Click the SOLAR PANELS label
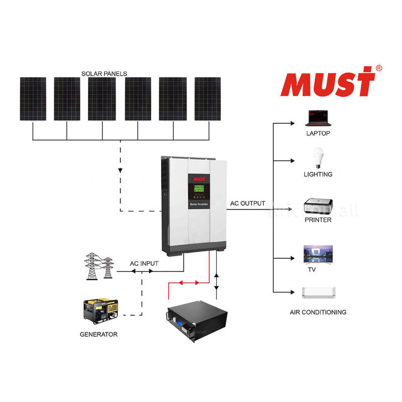104,73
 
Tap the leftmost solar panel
33,98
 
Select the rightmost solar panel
208,98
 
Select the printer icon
318,206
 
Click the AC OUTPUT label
248,204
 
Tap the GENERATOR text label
98,334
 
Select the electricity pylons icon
98,266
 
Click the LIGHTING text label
318,174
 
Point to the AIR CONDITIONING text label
318,312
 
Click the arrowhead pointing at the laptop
292,122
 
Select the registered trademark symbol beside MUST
378,68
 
